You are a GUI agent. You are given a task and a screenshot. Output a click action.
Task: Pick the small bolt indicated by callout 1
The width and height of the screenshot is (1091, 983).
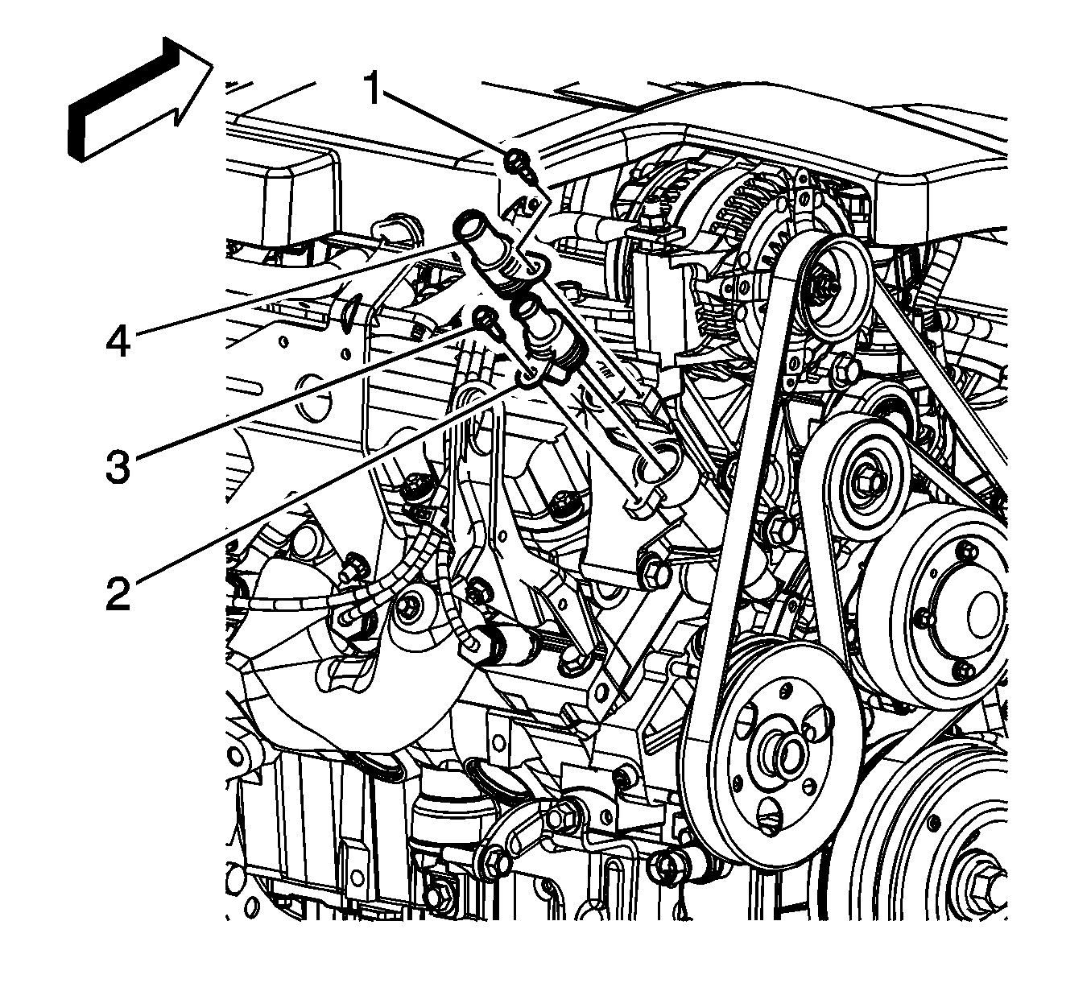pyautogui.click(x=515, y=162)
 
